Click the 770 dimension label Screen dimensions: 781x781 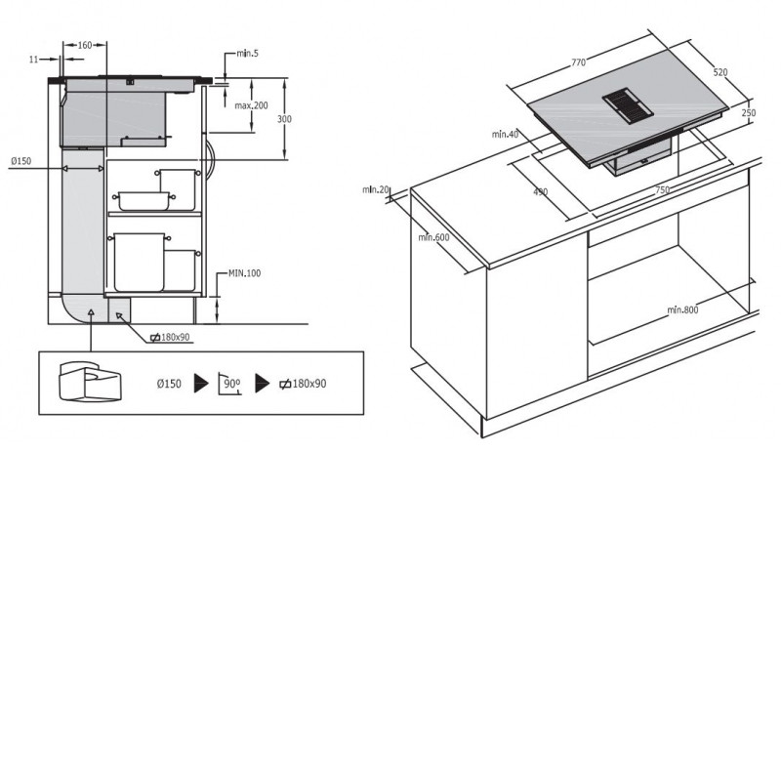point(578,62)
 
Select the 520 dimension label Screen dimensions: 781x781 point(720,72)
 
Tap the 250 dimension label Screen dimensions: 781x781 point(749,113)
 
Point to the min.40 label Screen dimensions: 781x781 point(505,134)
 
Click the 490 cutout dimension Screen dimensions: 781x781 point(541,191)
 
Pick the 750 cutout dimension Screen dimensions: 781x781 point(663,189)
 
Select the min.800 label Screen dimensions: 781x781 point(682,309)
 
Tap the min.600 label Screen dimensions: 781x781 point(433,237)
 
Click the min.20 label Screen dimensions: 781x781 point(376,189)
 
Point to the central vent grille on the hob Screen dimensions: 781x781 point(627,105)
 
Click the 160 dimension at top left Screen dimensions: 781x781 point(85,45)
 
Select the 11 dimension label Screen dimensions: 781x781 point(34,60)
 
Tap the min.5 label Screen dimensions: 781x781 point(248,54)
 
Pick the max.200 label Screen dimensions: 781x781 point(252,105)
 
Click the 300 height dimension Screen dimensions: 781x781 point(284,119)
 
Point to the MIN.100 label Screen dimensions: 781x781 point(245,273)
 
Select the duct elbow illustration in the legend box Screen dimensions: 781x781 point(90,381)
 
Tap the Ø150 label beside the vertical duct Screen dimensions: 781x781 point(21,161)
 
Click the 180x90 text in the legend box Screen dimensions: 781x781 point(309,384)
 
